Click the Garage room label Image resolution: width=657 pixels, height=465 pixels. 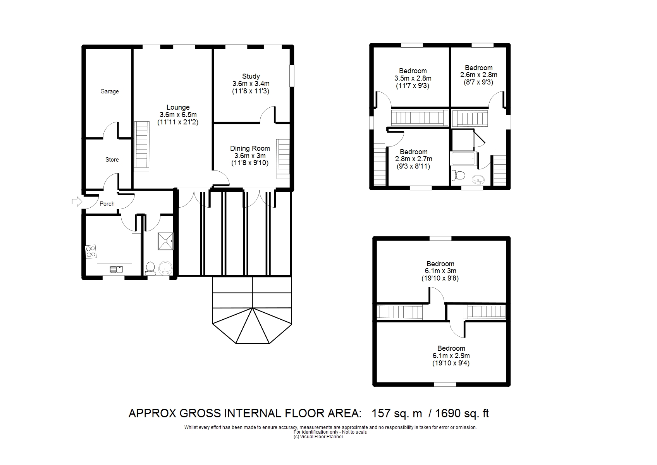[109, 91]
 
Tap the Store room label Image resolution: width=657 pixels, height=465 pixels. [112, 160]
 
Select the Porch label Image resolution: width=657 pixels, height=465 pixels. [107, 203]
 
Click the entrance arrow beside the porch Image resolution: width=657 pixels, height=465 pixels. [77, 201]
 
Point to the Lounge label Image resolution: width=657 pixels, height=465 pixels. [178, 107]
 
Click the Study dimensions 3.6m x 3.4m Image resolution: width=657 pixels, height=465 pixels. [251, 84]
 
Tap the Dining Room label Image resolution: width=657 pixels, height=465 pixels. [250, 148]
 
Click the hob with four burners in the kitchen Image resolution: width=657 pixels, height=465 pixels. [91, 252]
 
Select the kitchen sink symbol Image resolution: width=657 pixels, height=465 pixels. [117, 269]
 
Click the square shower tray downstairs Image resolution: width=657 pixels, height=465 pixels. [165, 241]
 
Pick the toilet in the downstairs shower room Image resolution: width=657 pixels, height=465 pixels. [150, 269]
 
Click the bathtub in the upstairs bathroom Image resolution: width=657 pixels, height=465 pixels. [463, 159]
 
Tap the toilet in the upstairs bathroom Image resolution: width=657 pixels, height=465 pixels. [458, 176]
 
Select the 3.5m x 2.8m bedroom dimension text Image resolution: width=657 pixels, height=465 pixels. [413, 78]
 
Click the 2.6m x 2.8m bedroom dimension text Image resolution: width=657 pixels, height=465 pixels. [479, 75]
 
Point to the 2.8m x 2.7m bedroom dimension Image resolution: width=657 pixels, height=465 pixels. [414, 159]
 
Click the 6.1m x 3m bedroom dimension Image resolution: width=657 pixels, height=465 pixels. [440, 271]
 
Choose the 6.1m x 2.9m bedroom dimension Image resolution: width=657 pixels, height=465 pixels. [451, 356]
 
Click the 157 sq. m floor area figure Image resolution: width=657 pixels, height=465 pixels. [397, 413]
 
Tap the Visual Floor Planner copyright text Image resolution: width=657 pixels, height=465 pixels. [318, 437]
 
